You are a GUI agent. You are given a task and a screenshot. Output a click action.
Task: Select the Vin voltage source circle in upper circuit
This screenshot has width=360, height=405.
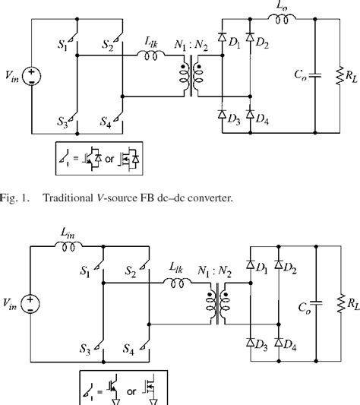click(x=33, y=75)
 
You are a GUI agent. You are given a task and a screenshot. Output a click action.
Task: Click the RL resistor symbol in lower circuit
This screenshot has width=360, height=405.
click(x=341, y=304)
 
